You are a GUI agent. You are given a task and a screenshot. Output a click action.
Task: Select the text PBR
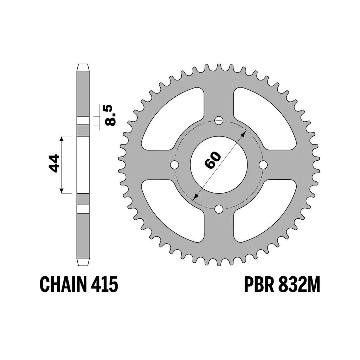pos(259,284)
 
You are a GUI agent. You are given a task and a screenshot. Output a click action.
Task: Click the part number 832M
pos(299,284)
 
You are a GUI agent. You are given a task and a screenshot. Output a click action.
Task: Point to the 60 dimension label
pos(213,160)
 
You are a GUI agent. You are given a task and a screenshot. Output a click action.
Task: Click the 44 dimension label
pos(54,163)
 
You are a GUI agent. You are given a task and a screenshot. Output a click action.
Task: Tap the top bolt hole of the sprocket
pos(219,120)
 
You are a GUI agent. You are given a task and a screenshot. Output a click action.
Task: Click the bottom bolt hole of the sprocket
pos(219,209)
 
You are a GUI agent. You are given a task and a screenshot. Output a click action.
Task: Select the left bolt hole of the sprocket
pos(174,165)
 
